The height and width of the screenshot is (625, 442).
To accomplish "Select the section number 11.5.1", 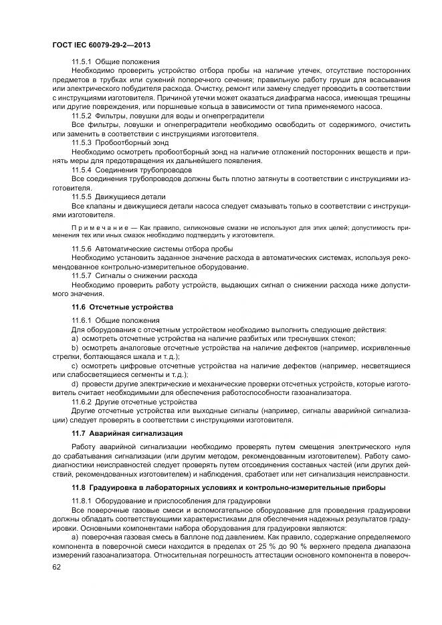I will pos(83,61).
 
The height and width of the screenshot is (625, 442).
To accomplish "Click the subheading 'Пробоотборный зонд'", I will pos(141,142).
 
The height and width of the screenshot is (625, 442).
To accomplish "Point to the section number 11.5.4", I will pos(83,170).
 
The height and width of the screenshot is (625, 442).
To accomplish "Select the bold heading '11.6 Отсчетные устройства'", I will pos(122,307).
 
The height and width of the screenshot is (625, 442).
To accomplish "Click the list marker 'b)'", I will pos(76,348).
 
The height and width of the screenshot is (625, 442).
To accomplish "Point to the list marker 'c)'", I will pos(76,366).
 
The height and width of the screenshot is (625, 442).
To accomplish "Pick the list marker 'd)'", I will pos(76,384).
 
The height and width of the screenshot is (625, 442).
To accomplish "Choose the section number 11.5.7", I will pos(83,275).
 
